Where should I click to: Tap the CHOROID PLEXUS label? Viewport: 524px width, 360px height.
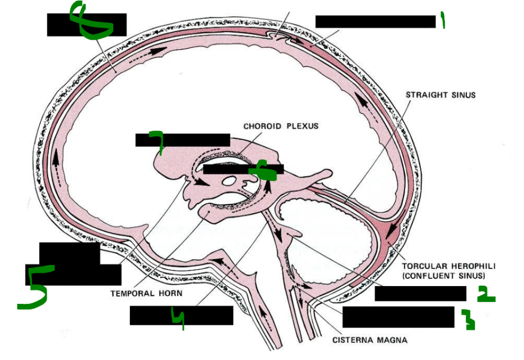click(281, 126)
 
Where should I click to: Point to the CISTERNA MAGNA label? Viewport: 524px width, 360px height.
click(370, 339)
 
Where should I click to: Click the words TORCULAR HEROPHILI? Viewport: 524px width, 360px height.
click(443, 266)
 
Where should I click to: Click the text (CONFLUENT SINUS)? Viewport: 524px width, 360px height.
click(443, 275)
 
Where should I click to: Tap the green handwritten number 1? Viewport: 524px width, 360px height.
click(443, 21)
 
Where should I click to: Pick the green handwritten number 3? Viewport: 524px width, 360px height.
click(468, 320)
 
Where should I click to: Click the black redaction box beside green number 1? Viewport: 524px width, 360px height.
click(375, 21)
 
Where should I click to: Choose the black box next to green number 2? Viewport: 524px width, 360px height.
click(420, 294)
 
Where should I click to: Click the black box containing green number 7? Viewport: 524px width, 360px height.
click(182, 140)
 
